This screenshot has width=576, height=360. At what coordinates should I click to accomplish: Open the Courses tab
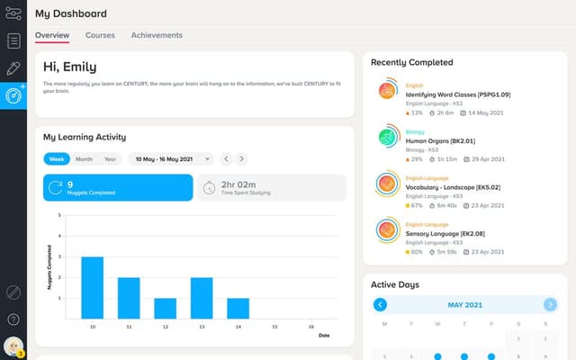coord(100,35)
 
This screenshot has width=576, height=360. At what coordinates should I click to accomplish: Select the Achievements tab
coord(157,35)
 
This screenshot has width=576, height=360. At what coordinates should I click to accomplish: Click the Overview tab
coord(51,35)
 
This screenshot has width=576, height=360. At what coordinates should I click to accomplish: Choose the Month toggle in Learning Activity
coord(84,158)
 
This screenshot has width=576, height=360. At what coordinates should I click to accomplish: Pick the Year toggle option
coord(110,158)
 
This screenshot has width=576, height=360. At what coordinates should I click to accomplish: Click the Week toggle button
coord(57,158)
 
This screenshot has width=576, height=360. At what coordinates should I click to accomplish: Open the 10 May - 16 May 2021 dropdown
coord(171,158)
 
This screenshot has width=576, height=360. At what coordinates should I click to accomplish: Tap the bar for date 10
coord(93,288)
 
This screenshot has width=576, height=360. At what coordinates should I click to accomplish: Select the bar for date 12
coord(166,309)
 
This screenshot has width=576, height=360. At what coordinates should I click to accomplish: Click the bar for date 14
coord(238,309)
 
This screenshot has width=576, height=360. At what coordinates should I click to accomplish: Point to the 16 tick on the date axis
coord(311,326)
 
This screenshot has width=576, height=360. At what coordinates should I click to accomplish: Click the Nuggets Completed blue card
coord(118,187)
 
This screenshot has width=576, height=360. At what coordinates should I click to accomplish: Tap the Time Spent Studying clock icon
coord(209,187)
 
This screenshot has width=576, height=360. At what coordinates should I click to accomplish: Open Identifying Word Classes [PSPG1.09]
coord(445,94)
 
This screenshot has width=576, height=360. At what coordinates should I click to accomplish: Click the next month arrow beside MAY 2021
coord(550,304)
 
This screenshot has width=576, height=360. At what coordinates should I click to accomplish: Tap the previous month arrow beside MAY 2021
coord(380,304)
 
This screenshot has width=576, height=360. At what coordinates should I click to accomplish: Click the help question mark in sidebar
coord(13,319)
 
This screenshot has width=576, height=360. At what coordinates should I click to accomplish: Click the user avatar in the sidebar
coord(13,346)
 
